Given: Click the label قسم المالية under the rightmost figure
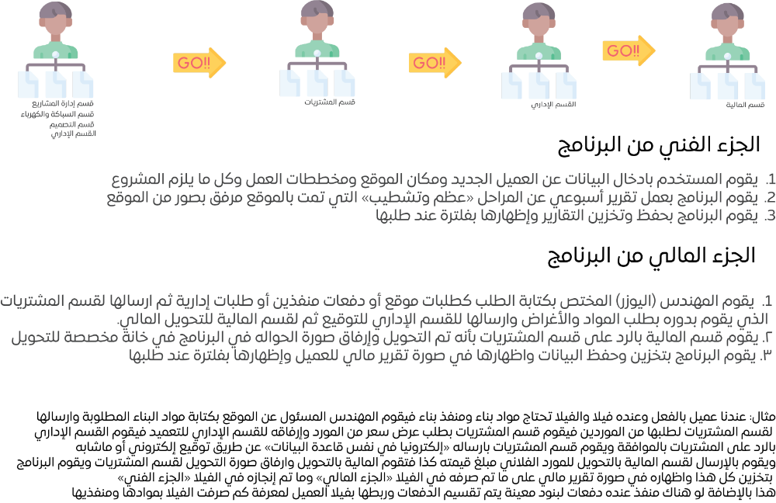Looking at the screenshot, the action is pyautogui.click(x=745, y=105).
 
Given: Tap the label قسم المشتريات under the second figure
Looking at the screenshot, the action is pyautogui.click(x=330, y=102).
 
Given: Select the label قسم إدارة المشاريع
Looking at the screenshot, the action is pyautogui.click(x=63, y=103).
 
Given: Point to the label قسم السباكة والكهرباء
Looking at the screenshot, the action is pyautogui.click(x=57, y=114).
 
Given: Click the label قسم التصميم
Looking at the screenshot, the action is pyautogui.click(x=71, y=123).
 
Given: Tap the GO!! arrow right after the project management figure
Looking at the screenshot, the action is pyautogui.click(x=199, y=63).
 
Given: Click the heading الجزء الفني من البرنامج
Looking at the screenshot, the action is pyautogui.click(x=659, y=145).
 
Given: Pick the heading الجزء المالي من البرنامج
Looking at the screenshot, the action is pyautogui.click(x=651, y=256).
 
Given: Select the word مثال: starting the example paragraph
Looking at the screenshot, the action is pyautogui.click(x=763, y=417).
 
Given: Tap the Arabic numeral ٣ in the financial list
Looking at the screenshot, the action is pyautogui.click(x=766, y=356).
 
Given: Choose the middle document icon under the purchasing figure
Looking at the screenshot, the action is pyautogui.click(x=317, y=83).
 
